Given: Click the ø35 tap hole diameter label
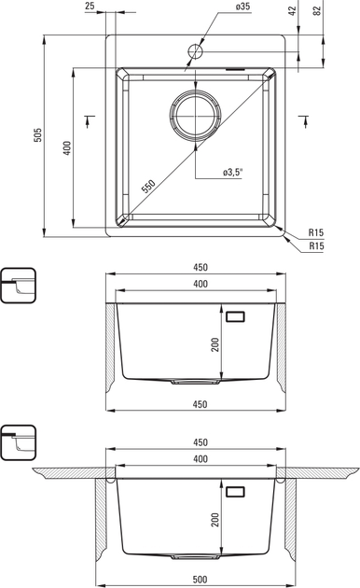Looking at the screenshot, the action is point(242,7).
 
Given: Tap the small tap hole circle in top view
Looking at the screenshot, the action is point(195,51).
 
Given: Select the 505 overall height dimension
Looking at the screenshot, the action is point(37,135).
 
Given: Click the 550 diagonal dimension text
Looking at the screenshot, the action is point(148,186).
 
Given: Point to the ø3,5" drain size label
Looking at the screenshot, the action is point(232,172).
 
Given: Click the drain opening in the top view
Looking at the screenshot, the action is point(195,115).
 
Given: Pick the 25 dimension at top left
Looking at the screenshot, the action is point(90,6).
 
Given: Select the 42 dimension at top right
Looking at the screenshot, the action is point(293,10).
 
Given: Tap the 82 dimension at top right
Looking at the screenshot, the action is point(317,10).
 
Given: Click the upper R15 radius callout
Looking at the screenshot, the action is point(316,232).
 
